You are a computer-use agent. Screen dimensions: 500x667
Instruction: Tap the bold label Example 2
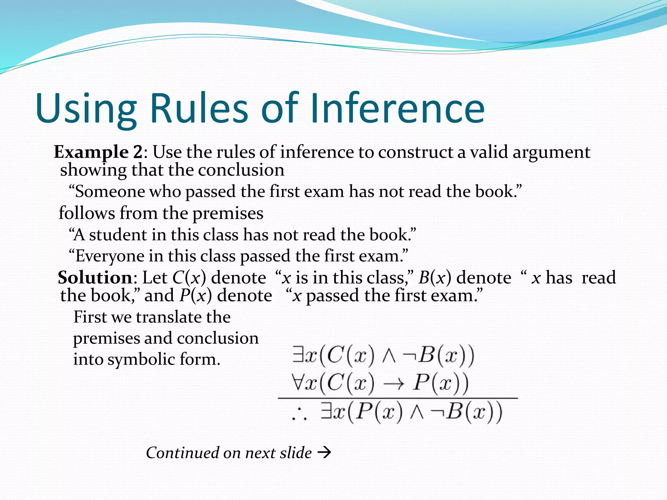tap(98, 152)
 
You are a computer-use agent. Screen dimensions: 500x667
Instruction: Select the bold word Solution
tap(95, 278)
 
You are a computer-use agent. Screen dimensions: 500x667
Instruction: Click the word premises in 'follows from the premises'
tap(228, 214)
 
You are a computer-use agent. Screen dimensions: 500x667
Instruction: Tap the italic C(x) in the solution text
tap(189, 278)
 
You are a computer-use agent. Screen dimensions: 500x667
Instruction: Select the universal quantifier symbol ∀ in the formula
tap(298, 382)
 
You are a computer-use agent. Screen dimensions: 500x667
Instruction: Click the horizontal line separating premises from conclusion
tap(397, 398)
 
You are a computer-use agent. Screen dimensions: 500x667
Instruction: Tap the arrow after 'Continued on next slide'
tap(324, 452)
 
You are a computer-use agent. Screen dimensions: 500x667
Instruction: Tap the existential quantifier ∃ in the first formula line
tap(298, 355)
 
